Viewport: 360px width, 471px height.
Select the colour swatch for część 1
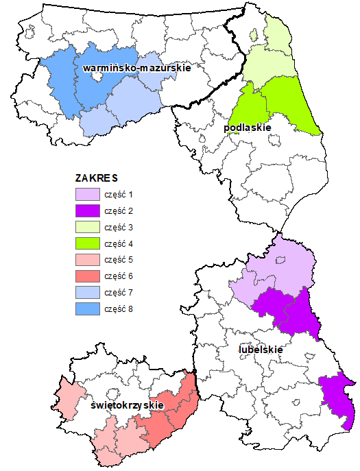tap(86, 195)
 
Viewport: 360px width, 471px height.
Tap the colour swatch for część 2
tap(86, 211)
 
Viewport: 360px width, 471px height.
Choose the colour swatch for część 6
tap(86, 277)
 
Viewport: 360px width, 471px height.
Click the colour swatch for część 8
tap(86, 310)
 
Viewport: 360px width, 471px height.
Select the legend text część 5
tap(119, 261)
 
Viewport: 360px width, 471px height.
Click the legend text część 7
tap(119, 293)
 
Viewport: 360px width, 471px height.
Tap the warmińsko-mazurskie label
tap(136, 69)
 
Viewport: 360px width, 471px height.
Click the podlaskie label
tap(247, 128)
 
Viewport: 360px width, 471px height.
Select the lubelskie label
tap(261, 350)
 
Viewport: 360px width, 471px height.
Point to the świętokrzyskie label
tap(127, 405)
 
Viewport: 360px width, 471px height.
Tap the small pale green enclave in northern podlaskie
tap(254, 34)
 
